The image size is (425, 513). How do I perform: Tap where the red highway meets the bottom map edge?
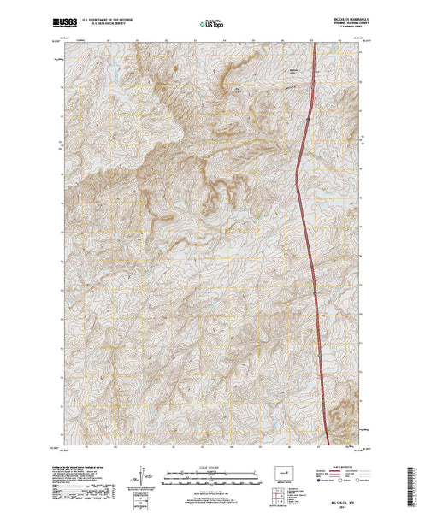point(328,444)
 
